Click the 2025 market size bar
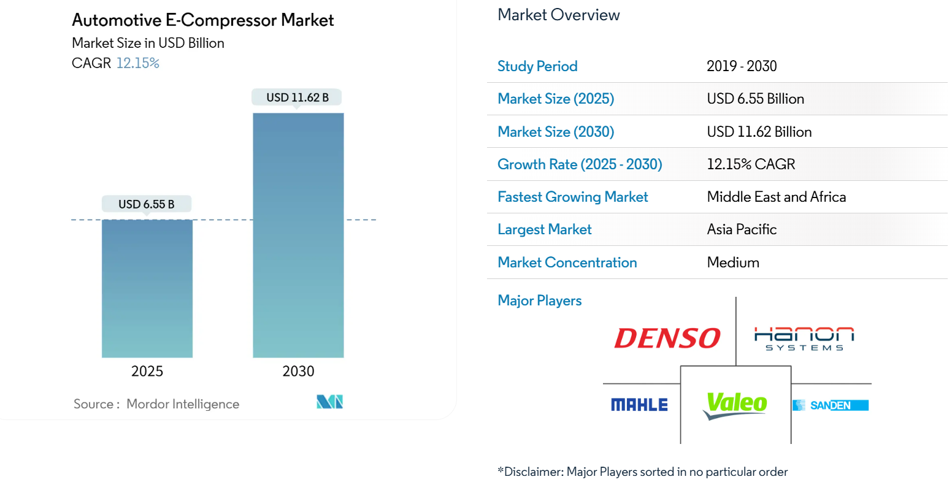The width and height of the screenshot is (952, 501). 147,288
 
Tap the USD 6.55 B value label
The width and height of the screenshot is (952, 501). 146,204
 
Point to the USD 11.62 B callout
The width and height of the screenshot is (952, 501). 297,98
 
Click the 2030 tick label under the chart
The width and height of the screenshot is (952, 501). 298,371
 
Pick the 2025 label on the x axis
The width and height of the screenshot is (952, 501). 147,371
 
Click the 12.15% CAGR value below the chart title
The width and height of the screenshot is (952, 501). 137,63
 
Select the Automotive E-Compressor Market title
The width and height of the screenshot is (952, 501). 202,20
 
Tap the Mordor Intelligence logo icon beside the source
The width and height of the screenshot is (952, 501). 329,402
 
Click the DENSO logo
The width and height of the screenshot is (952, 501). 667,338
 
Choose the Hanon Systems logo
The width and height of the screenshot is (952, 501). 804,338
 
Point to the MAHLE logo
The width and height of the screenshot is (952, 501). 639,405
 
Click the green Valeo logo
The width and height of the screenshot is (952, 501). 735,405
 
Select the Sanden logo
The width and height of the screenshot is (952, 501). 831,405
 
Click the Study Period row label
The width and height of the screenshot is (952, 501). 537,66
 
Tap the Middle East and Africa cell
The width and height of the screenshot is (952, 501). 776,197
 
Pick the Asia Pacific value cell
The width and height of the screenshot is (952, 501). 742,229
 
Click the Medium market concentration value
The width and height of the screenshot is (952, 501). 733,262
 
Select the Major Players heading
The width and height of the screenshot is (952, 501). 540,300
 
